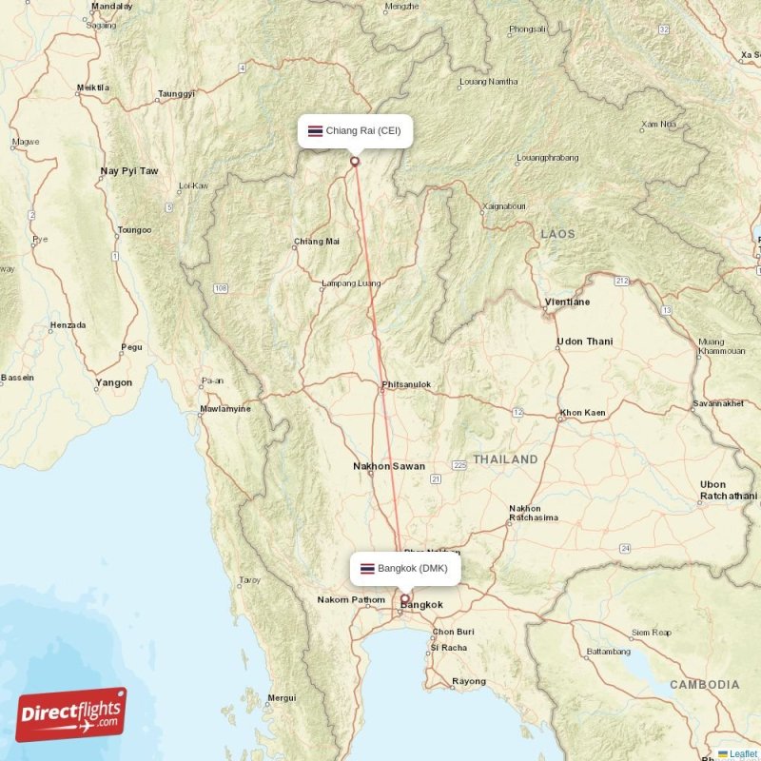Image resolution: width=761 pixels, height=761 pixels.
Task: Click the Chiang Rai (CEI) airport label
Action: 355,130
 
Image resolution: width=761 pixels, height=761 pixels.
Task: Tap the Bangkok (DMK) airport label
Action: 406,569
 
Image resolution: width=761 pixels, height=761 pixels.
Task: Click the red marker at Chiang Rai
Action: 355,161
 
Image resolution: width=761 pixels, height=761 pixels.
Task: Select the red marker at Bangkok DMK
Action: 404,599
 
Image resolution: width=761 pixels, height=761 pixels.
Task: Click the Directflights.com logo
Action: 71,714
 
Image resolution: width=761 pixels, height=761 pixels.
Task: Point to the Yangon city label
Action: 113,383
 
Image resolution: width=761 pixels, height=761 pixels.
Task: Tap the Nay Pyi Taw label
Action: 129,171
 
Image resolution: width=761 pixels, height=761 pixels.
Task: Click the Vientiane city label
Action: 567,302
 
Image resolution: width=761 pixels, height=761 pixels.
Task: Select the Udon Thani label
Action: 585,341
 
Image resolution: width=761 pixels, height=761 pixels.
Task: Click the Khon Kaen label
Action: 583,413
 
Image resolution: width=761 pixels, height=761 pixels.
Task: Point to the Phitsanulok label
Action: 406,385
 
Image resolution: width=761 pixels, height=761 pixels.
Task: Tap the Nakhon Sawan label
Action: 389,466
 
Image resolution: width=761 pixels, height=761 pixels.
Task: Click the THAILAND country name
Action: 506,459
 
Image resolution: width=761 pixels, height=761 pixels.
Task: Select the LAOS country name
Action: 558,233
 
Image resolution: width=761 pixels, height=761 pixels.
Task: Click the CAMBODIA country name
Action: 704,685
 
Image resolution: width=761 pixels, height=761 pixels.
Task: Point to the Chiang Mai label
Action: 317,242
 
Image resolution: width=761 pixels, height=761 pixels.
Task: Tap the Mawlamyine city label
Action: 224,410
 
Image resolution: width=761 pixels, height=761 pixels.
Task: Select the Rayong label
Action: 469,681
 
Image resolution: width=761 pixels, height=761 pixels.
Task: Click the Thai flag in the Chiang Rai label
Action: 315,130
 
